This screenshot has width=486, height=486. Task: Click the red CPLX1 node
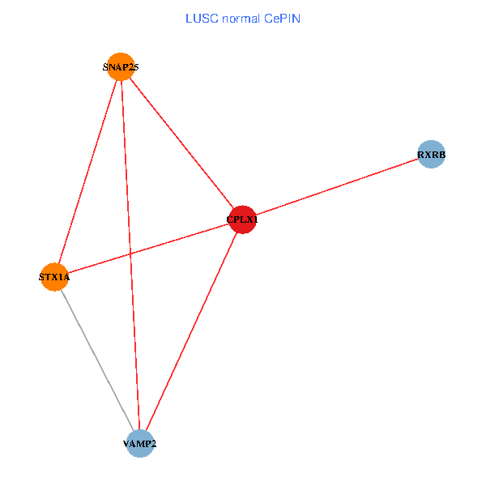click(x=242, y=220)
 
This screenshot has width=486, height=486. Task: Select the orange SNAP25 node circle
click(x=121, y=67)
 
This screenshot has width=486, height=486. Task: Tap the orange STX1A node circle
click(x=54, y=277)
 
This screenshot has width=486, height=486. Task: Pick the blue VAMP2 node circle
click(x=140, y=444)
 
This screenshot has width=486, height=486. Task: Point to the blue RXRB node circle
click(x=432, y=154)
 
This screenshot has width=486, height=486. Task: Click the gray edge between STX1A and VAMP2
click(x=97, y=360)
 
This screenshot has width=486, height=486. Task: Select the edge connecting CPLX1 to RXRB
click(x=337, y=186)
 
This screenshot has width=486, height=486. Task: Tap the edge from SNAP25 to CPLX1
click(x=181, y=143)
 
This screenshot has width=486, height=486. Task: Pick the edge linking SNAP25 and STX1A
click(x=87, y=172)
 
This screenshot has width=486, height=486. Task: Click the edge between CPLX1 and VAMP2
click(x=191, y=331)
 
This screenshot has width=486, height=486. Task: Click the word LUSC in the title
click(x=201, y=19)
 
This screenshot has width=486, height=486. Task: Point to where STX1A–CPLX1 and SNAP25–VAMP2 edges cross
click(x=130, y=254)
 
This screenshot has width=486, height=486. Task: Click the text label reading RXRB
click(x=432, y=154)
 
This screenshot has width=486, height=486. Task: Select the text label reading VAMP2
click(x=140, y=444)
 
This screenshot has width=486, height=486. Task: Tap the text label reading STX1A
click(x=54, y=277)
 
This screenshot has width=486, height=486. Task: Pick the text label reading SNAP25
click(x=121, y=67)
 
